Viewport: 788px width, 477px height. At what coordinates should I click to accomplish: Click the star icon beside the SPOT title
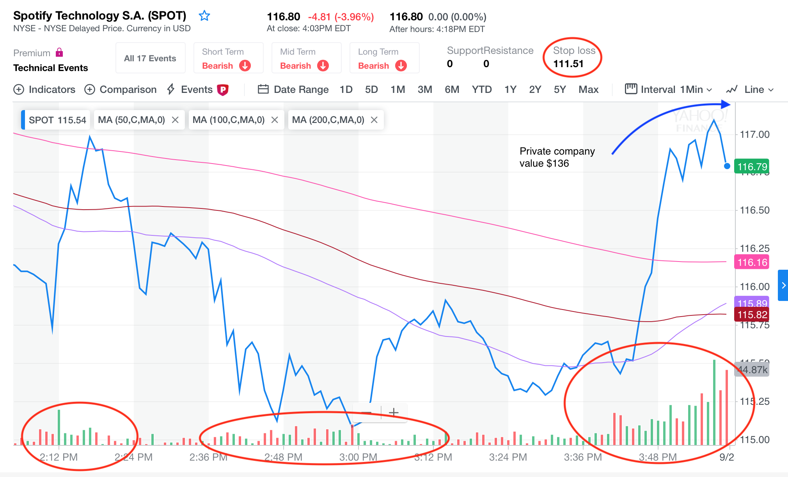pos(204,16)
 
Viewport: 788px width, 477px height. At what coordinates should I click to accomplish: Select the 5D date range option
pos(371,89)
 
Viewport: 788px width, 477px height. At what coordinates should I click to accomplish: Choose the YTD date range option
pos(481,89)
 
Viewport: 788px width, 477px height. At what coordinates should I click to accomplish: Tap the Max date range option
pos(588,89)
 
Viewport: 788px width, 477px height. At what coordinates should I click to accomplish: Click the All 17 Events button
pos(150,58)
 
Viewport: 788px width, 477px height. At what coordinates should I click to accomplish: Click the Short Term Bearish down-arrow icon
pos(245,66)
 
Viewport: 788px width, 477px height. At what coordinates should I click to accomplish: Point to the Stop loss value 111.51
pos(568,64)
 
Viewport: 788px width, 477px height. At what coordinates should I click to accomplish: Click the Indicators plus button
pos(19,89)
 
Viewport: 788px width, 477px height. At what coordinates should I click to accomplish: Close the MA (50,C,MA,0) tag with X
pos(176,120)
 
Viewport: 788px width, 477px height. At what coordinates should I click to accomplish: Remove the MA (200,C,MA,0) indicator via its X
pos(374,120)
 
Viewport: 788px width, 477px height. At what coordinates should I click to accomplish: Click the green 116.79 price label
pos(752,167)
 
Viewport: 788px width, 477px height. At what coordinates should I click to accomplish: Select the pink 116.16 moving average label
pos(752,262)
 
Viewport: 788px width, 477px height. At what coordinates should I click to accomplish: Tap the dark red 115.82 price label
pos(752,315)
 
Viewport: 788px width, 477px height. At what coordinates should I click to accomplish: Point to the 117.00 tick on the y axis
pos(754,135)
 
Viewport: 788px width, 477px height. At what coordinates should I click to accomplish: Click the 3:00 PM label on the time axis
pos(358,457)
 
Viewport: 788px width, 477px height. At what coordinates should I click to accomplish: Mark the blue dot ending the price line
pos(727,166)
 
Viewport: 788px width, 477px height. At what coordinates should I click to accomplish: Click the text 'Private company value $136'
pos(557,157)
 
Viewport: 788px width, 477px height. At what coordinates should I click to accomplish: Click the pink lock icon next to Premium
pos(59,52)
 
